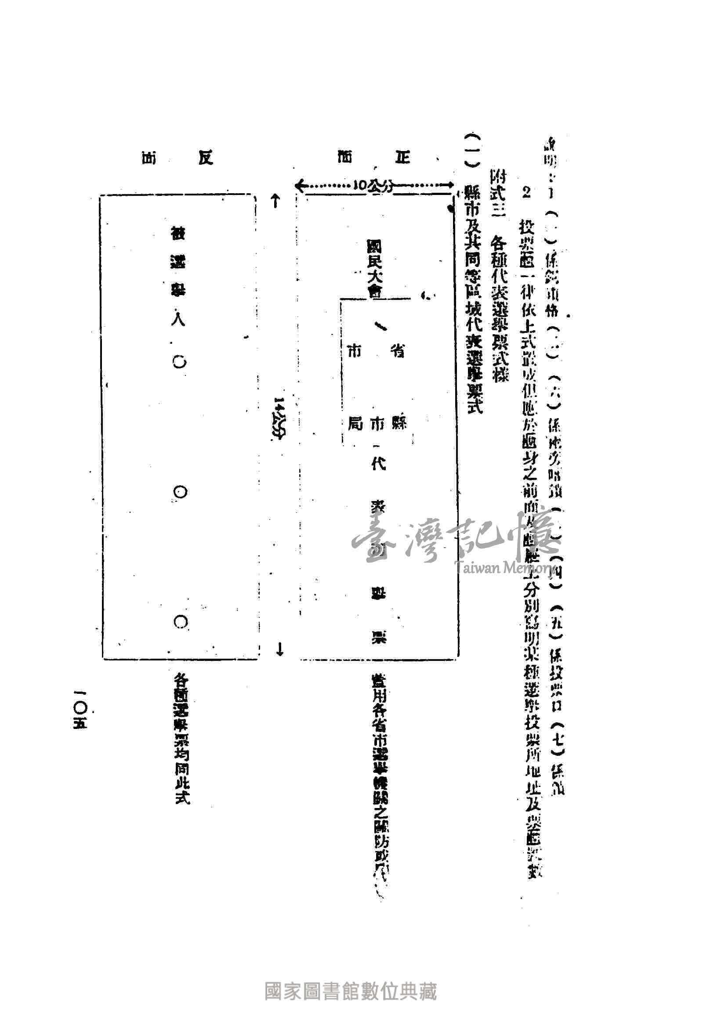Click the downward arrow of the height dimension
(278, 649)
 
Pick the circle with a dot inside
(180, 492)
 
